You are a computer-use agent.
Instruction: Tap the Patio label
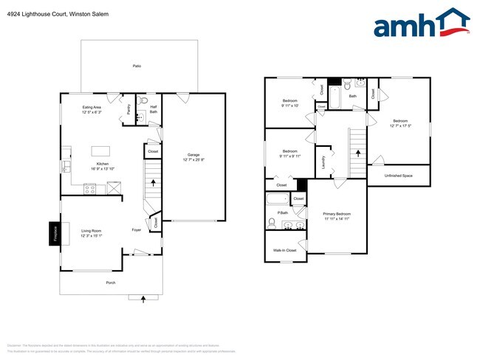(x=137, y=66)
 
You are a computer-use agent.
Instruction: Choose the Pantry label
(x=129, y=108)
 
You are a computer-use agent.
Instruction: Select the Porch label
(x=111, y=283)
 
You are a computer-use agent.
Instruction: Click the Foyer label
(x=137, y=230)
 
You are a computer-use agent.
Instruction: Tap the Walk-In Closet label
(x=284, y=251)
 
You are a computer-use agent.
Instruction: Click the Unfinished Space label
(x=398, y=176)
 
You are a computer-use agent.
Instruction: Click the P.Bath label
(x=282, y=212)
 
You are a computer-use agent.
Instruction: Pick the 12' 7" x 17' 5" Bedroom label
(x=400, y=123)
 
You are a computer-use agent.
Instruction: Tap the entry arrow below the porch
(x=142, y=297)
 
